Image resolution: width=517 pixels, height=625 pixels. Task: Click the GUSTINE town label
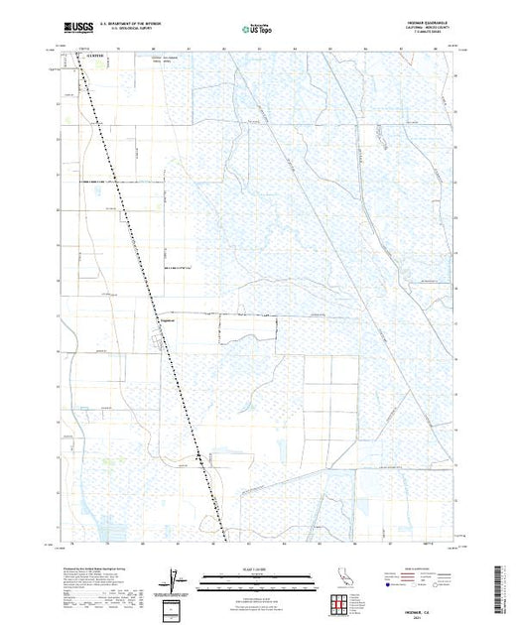[x=93, y=57]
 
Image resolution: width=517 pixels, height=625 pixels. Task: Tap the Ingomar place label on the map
[x=168, y=319]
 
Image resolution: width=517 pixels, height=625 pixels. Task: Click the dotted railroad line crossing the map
[x=149, y=268]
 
